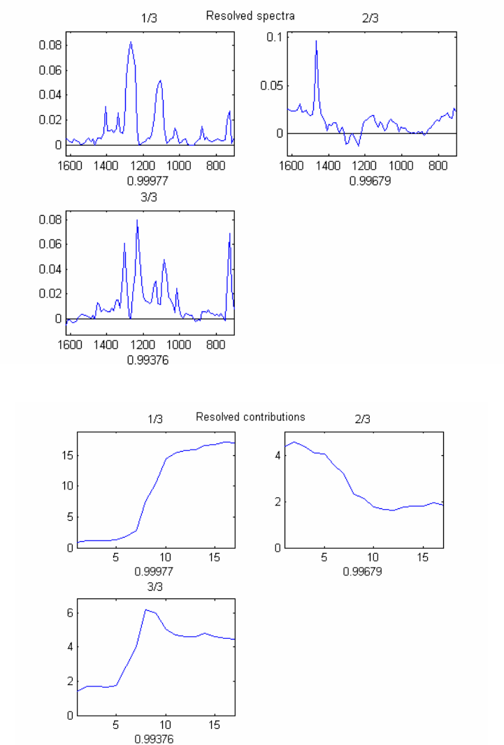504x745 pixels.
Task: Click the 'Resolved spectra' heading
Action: click(250, 15)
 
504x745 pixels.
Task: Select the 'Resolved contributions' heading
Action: click(250, 417)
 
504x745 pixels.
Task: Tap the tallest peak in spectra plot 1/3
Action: click(131, 42)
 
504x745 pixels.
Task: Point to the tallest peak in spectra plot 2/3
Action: click(316, 40)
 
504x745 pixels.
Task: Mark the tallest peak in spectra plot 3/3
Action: click(137, 220)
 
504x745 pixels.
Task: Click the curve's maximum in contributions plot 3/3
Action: click(145, 610)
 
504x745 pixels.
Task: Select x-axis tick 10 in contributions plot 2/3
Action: click(373, 559)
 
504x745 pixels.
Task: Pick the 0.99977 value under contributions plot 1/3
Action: click(155, 570)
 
